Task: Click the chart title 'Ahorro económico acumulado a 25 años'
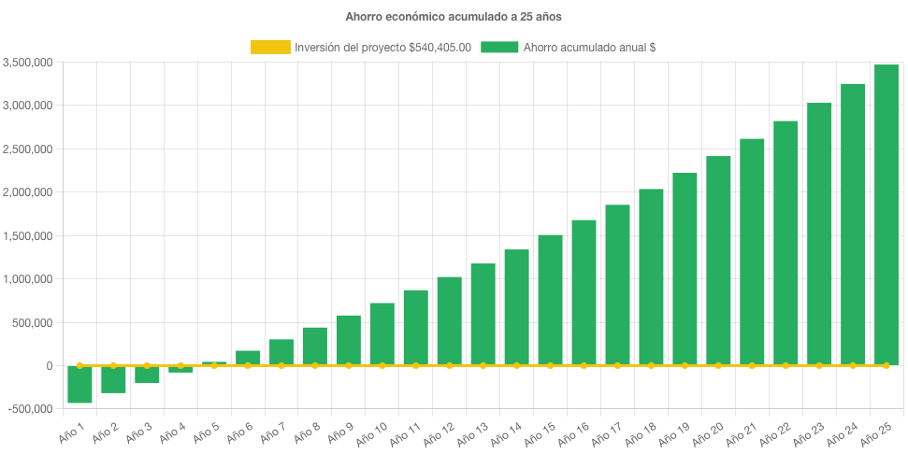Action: coord(454,17)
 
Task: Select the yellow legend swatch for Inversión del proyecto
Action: coord(270,48)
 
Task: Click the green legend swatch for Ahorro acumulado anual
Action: coord(499,48)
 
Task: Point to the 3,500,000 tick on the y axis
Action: coord(27,63)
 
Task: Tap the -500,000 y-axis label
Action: coord(27,409)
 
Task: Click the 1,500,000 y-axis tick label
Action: coord(27,236)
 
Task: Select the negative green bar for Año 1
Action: coord(79,384)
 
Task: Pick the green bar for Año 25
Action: coord(886,215)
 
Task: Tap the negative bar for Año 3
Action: coord(147,375)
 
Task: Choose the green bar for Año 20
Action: coord(718,261)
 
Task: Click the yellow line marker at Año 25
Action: coord(886,365)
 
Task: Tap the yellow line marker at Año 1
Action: coord(79,365)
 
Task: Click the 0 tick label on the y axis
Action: coord(48,366)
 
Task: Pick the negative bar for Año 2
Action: coord(113,379)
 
